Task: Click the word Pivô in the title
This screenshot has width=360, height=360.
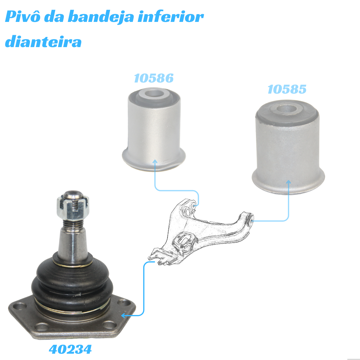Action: coord(22,16)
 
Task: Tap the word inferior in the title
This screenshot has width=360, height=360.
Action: coord(170,16)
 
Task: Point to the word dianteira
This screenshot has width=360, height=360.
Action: coord(43,41)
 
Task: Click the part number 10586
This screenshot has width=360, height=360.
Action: coord(154,78)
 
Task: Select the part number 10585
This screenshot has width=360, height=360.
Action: coord(287,89)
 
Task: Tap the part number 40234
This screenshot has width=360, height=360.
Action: coord(70,349)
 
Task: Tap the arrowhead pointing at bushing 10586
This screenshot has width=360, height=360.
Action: coord(155,162)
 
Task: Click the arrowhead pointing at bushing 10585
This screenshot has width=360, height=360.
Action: coord(289,182)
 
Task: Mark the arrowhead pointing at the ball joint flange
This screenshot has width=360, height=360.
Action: coord(124,316)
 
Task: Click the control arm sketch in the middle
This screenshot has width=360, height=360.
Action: coord(201,232)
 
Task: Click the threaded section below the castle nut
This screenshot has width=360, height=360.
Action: coord(73,223)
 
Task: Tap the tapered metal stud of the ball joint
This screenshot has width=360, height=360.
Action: coord(73,243)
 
